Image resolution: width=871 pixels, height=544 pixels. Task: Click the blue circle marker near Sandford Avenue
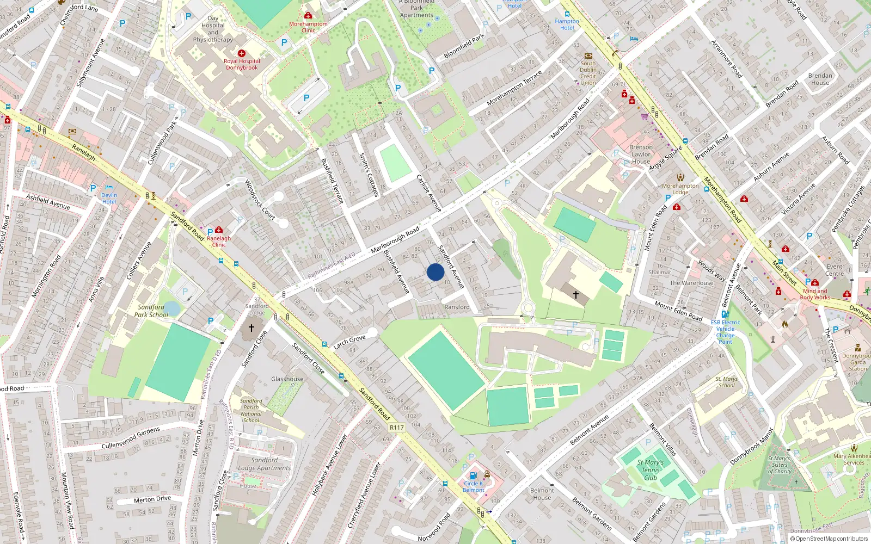click(436, 272)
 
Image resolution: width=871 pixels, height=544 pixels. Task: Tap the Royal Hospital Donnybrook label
click(242, 64)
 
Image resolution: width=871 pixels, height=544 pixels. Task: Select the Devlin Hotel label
click(109, 198)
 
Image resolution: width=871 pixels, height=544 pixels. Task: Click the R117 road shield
click(397, 428)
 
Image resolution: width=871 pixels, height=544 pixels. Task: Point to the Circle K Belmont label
click(473, 486)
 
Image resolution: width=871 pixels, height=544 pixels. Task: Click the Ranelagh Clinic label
click(219, 241)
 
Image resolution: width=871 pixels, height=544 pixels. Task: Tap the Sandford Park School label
click(151, 311)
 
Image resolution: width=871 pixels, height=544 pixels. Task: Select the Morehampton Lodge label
click(680, 189)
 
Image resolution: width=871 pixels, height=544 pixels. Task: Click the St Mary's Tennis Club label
click(651, 470)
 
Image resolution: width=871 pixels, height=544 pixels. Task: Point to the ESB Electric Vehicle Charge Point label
click(725, 332)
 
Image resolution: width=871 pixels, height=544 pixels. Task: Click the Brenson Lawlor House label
click(641, 154)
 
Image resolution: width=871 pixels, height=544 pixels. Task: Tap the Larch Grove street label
click(349, 342)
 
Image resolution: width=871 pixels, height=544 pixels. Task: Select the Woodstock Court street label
click(260, 200)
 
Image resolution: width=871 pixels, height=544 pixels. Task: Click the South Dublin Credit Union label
click(588, 73)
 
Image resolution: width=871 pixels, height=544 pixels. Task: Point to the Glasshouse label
click(287, 379)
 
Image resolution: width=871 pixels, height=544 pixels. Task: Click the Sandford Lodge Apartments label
click(264, 464)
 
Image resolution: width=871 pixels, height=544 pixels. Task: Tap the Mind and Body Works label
click(815, 294)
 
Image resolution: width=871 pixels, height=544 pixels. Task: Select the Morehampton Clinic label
click(308, 27)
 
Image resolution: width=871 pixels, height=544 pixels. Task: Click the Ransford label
click(457, 307)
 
